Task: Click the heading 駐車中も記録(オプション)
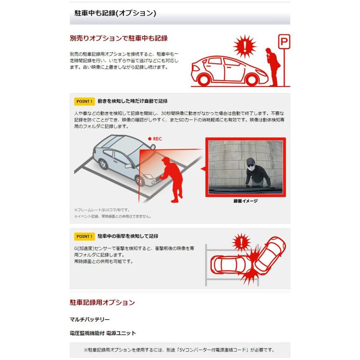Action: point(115,13)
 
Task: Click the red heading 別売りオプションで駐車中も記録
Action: point(118,38)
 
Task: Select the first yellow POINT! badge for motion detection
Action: point(84,101)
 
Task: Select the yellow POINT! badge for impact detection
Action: point(84,236)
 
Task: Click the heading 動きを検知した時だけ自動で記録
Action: point(132,101)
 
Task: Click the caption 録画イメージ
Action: point(245,201)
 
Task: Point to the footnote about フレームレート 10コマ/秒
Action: point(102,210)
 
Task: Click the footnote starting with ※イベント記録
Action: point(112,216)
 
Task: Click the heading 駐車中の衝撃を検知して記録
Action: point(128,236)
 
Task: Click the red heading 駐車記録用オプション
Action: point(102,302)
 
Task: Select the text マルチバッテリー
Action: point(89,320)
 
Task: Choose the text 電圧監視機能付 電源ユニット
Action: point(103,333)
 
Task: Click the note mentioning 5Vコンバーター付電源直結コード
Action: point(180,350)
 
